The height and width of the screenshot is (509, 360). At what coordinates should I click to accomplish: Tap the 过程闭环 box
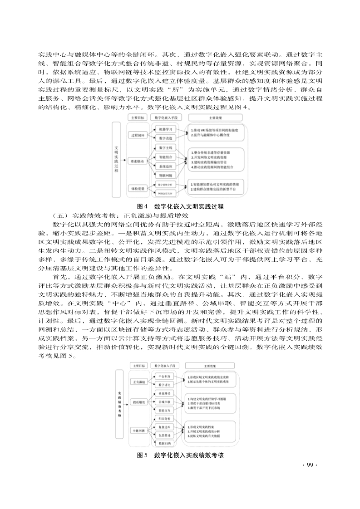click(x=138, y=135)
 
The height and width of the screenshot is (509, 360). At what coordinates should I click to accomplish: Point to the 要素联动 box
click(x=138, y=161)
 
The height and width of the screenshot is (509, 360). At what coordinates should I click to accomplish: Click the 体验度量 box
click(x=138, y=188)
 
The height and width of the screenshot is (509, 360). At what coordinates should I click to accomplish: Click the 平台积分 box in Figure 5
click(x=165, y=376)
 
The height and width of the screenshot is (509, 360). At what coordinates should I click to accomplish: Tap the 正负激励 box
click(x=138, y=382)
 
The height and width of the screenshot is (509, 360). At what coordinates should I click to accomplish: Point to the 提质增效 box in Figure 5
click(x=138, y=402)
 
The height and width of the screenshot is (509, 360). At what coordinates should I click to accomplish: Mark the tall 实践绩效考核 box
click(x=119, y=404)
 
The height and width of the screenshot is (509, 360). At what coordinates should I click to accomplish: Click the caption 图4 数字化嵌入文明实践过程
click(x=180, y=206)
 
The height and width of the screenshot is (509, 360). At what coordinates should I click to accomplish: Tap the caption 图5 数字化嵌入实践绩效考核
click(x=180, y=455)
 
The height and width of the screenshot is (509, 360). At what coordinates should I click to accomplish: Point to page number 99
click(x=309, y=465)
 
